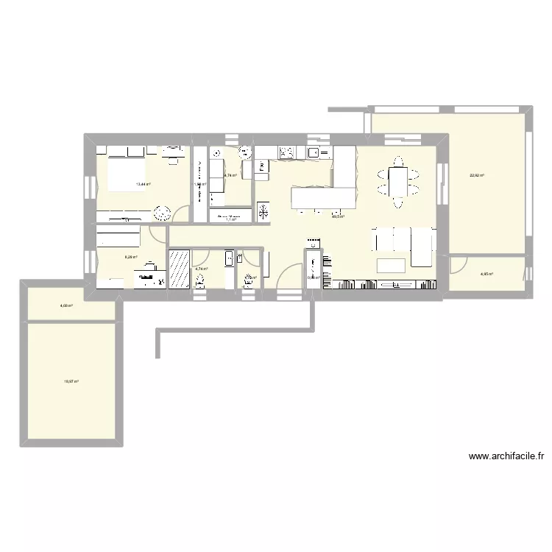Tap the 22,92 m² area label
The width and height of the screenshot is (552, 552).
pyautogui.click(x=477, y=175)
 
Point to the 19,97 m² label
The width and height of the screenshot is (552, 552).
pyautogui.click(x=71, y=381)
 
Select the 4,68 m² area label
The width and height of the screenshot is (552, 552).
pyautogui.click(x=66, y=305)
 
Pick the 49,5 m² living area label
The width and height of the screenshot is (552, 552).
pyautogui.click(x=338, y=216)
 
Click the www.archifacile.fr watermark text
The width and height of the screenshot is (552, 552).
pyautogui.click(x=506, y=456)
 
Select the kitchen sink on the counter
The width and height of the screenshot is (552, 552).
pyautogui.click(x=313, y=153)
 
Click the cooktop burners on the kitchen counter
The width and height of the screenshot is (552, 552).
pyautogui.click(x=286, y=153)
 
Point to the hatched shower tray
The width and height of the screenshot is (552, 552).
pyautogui.click(x=179, y=269)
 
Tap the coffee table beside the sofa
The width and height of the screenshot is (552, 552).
pyautogui.click(x=392, y=265)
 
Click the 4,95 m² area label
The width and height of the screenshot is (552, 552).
pyautogui.click(x=486, y=275)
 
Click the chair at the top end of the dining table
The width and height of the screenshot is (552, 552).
pyautogui.click(x=398, y=161)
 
